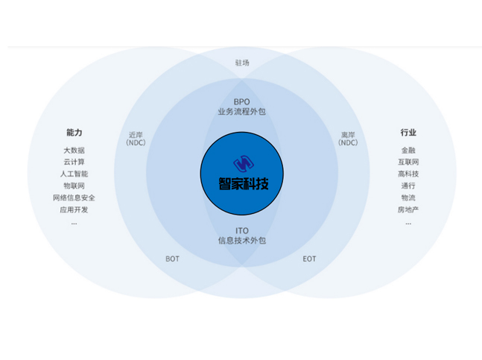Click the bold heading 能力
pyautogui.click(x=74, y=133)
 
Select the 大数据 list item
pyautogui.click(x=74, y=151)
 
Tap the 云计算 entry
pyautogui.click(x=74, y=162)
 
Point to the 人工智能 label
pyautogui.click(x=74, y=174)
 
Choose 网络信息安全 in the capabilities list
pyautogui.click(x=74, y=198)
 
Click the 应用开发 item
pyautogui.click(x=74, y=209)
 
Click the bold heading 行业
pyautogui.click(x=408, y=133)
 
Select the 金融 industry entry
pyautogui.click(x=408, y=151)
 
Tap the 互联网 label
pyautogui.click(x=408, y=162)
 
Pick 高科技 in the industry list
pyautogui.click(x=408, y=174)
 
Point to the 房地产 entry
pyautogui.click(x=408, y=209)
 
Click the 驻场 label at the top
pyautogui.click(x=242, y=63)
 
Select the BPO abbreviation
pyautogui.click(x=242, y=102)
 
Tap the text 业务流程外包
pyautogui.click(x=242, y=112)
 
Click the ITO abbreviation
pyautogui.click(x=242, y=230)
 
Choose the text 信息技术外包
pyautogui.click(x=242, y=241)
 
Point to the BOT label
pyautogui.click(x=172, y=259)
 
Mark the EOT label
pyautogui.click(x=309, y=259)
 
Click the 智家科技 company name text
pyautogui.click(x=244, y=184)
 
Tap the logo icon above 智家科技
pyautogui.click(x=244, y=163)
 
